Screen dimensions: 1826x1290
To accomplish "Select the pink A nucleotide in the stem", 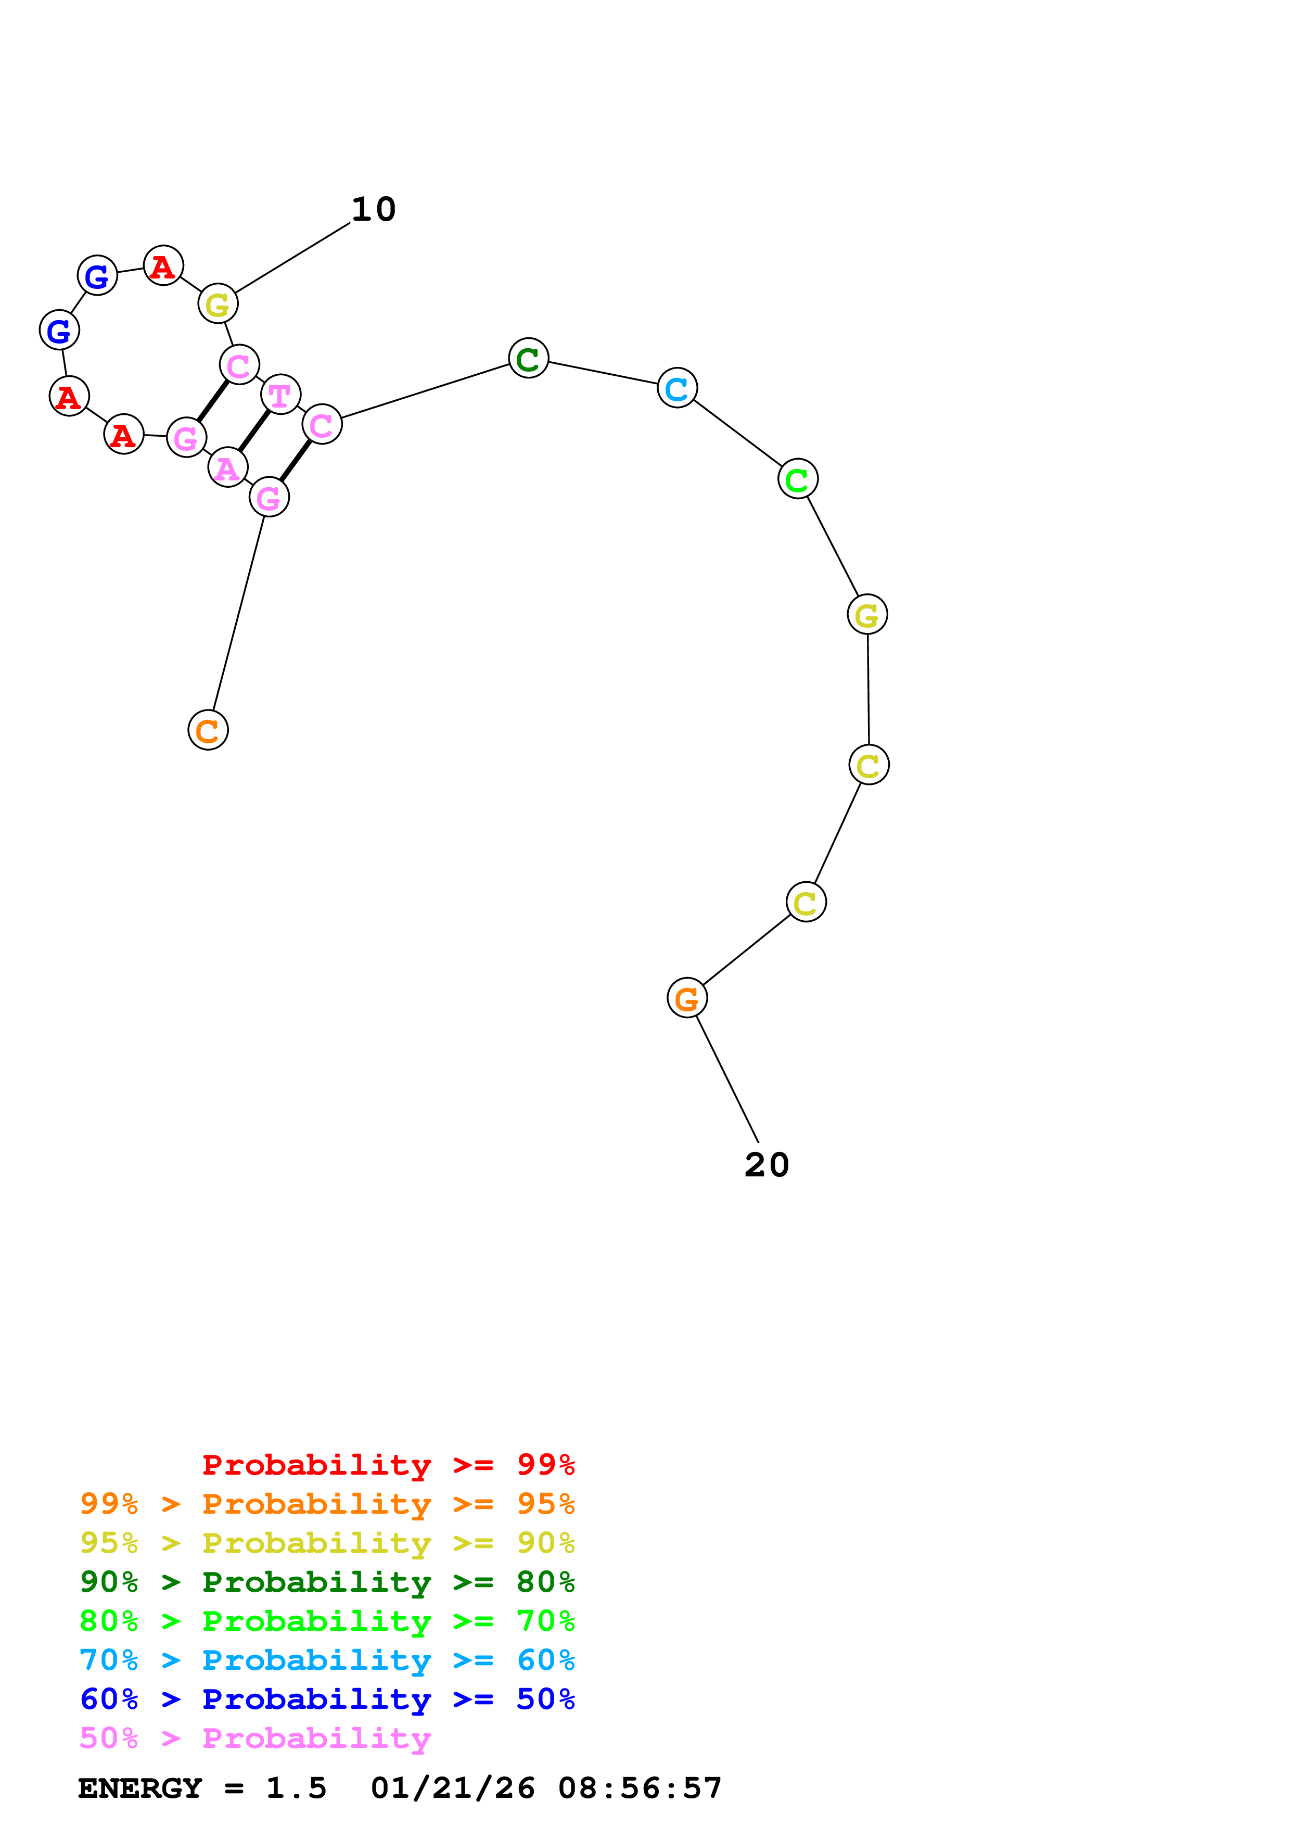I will tap(227, 467).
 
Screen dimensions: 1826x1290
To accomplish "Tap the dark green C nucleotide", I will tap(529, 358).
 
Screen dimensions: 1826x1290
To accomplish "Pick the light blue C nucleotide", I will tap(677, 388).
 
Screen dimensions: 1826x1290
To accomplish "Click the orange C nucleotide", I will tap(208, 730).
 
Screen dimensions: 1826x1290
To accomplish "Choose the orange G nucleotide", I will tap(687, 998).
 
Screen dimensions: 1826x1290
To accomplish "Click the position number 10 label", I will tap(374, 209).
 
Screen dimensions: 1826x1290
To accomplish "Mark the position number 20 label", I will tap(766, 1165).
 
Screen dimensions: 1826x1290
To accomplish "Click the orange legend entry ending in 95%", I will tap(327, 1504).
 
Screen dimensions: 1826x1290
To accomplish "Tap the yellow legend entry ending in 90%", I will tap(327, 1543).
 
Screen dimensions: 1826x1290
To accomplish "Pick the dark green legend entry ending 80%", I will tap(327, 1582).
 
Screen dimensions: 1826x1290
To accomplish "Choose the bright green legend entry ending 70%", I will tap(327, 1621).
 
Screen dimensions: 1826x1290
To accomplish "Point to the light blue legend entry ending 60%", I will tap(327, 1660).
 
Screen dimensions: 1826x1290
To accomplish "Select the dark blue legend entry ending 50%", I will tap(327, 1699).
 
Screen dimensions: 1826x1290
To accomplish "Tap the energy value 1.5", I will tap(296, 1789).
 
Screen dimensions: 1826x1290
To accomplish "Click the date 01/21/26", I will tap(452, 1789).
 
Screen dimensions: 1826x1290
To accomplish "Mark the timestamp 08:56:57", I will tap(640, 1789).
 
